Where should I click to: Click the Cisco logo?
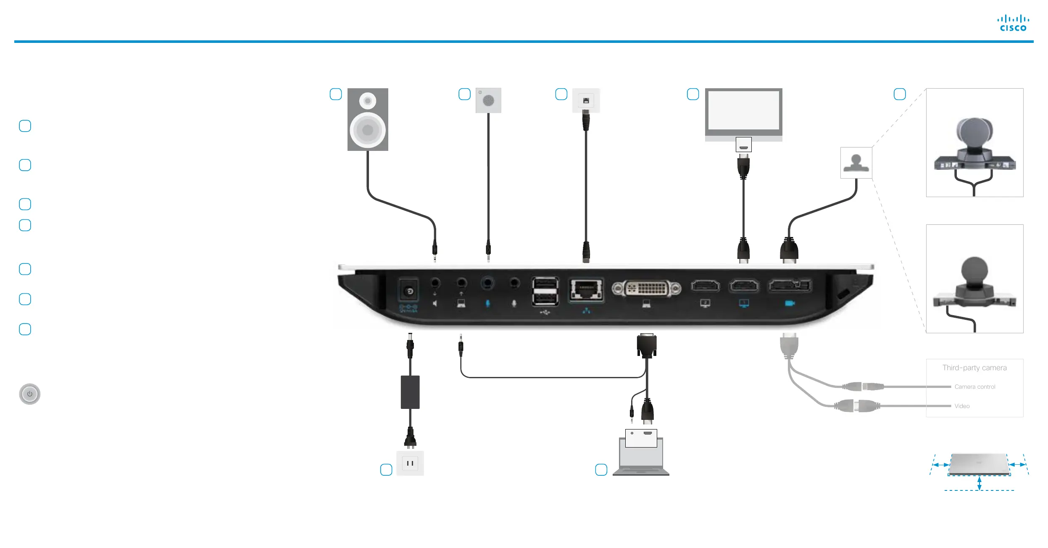(1013, 24)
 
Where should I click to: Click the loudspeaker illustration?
(368, 119)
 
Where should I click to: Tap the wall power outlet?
(410, 463)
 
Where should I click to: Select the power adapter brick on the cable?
(410, 392)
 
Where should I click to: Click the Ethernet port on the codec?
(586, 289)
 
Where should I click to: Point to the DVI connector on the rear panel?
(646, 288)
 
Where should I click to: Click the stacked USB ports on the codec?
(545, 291)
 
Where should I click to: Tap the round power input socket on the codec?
(408, 291)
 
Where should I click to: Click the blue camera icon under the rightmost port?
(790, 303)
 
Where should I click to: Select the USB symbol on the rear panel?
(545, 312)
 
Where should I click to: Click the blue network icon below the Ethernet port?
(586, 311)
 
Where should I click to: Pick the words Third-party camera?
(974, 368)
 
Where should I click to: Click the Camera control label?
(975, 387)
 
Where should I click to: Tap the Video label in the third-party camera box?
(962, 406)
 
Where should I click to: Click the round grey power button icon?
(30, 394)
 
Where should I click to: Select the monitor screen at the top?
(743, 111)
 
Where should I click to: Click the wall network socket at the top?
(586, 101)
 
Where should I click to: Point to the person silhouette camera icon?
(856, 163)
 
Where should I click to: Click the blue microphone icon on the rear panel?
(487, 303)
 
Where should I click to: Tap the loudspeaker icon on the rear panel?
(435, 303)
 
